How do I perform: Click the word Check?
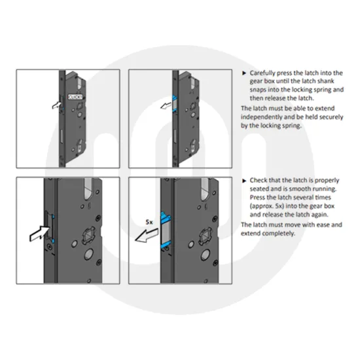260,179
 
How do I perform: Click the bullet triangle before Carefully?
245,74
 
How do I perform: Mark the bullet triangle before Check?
245,179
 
